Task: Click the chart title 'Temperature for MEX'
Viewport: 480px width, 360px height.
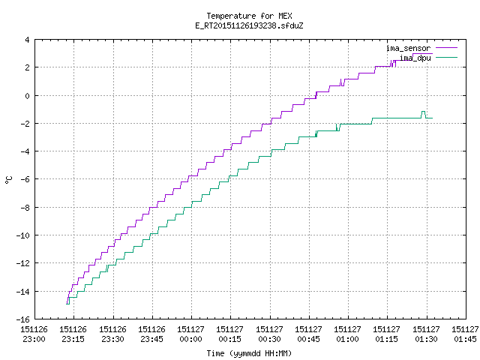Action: coord(249,16)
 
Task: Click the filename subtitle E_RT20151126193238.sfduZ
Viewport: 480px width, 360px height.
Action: coord(249,25)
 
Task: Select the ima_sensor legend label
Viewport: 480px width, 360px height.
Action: coord(408,48)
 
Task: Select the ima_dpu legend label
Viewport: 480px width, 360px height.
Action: coord(415,58)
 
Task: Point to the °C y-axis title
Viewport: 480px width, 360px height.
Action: coord(9,180)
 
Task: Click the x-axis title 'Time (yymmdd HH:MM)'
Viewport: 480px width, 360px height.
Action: coord(249,353)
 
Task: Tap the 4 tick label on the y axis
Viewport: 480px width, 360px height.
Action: coord(28,40)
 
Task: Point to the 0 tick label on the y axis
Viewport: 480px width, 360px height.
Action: coord(28,96)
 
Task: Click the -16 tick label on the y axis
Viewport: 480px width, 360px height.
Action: coord(23,319)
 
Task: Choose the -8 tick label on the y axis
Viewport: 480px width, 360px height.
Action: coord(25,208)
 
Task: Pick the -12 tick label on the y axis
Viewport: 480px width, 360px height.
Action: coord(23,263)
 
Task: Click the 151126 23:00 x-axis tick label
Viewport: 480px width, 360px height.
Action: coord(34,334)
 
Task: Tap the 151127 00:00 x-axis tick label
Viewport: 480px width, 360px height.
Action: coord(190,334)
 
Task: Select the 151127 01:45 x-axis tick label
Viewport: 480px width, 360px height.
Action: coord(465,334)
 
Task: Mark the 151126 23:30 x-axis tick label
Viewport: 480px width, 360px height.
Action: coord(112,334)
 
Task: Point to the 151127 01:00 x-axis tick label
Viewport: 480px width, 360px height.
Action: coord(347,334)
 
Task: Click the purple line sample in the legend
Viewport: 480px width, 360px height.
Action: coord(447,48)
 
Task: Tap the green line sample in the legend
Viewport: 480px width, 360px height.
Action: coord(447,57)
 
